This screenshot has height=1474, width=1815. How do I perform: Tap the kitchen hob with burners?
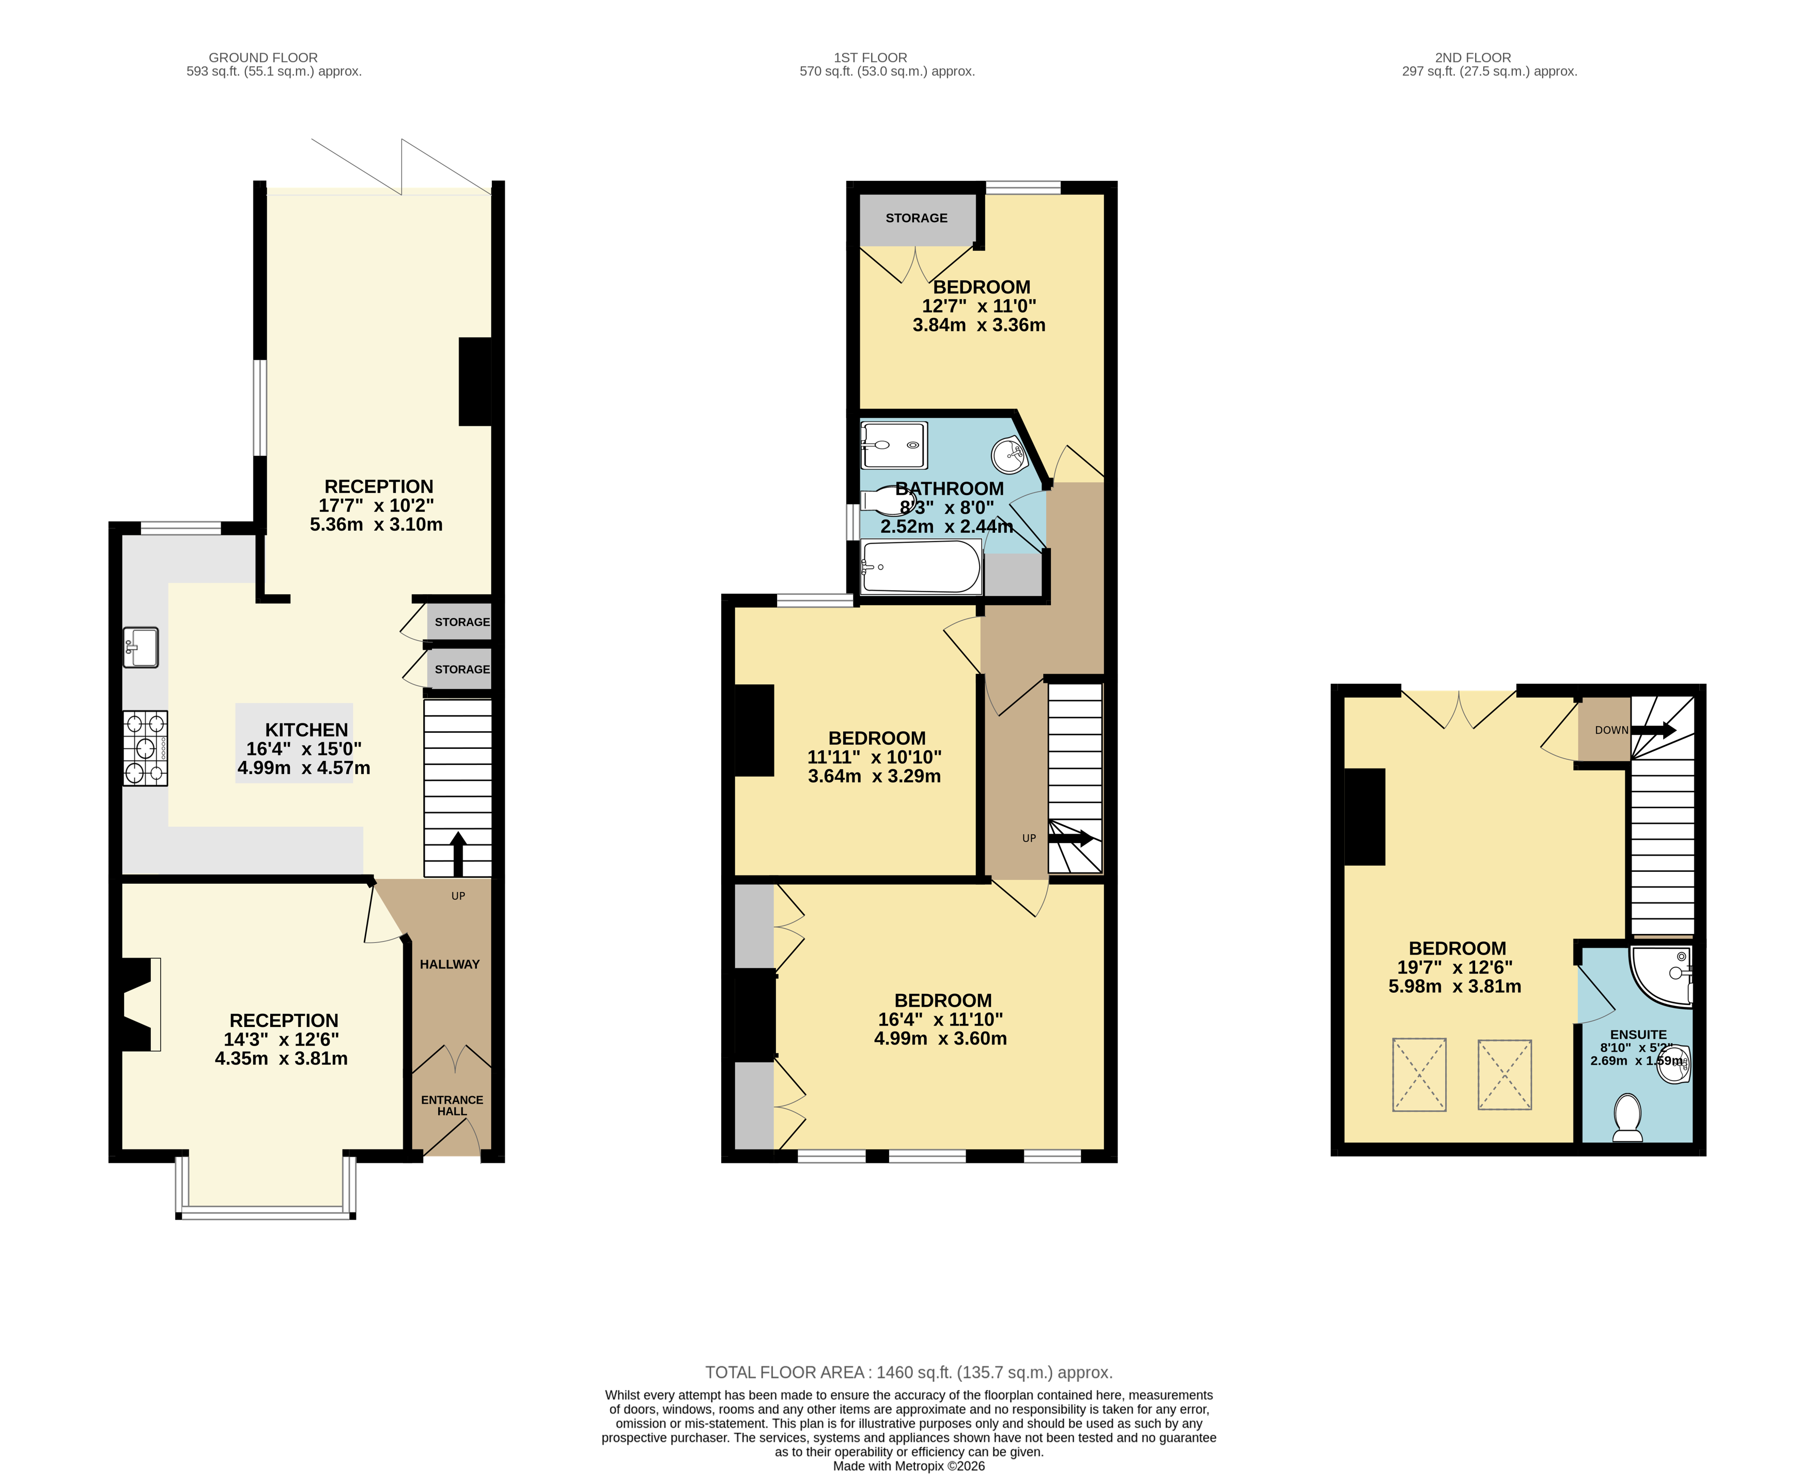[145, 748]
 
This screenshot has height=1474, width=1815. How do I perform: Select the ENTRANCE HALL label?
[452, 1104]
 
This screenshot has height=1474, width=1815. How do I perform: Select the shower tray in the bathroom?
[894, 445]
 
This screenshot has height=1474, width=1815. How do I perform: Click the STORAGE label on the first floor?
[916, 218]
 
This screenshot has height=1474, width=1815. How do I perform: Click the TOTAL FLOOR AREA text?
[908, 1372]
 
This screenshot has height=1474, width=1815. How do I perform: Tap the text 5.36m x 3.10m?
[376, 525]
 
